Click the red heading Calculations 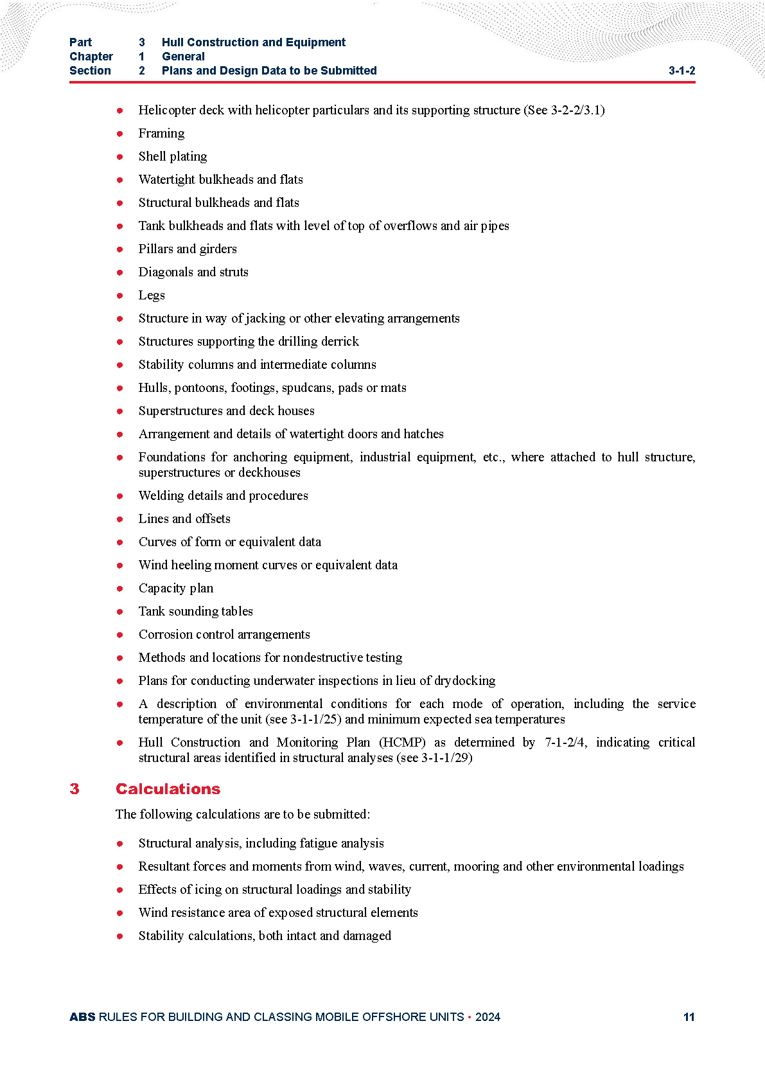coord(168,789)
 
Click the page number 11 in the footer coord(689,1017)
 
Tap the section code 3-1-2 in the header coord(681,71)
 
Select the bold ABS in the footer coord(82,1017)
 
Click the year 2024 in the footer coord(488,1017)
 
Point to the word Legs coord(152,295)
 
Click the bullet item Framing coord(161,133)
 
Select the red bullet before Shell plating coord(120,157)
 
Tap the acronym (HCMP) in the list coord(402,742)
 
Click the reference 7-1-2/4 coord(565,742)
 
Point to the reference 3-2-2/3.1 coord(576,110)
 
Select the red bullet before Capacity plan coord(120,589)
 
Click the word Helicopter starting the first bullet coord(166,110)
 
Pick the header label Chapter coord(91,57)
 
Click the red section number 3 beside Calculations coord(75,789)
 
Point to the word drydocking coord(465,680)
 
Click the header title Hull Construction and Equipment coord(253,42)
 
